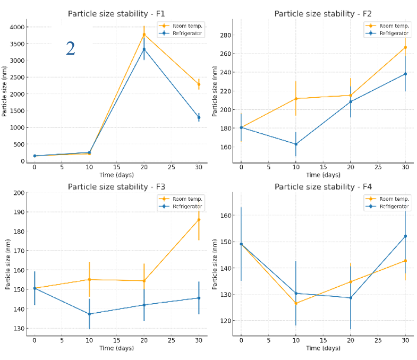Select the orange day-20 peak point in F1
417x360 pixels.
tap(143, 35)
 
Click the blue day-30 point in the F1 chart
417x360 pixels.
tap(199, 117)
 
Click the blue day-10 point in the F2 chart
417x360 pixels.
tap(296, 144)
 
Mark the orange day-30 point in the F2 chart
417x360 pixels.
tap(405, 47)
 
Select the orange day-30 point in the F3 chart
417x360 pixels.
tap(199, 219)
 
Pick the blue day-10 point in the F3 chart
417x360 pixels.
tap(89, 314)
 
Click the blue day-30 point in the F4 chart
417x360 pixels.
tap(405, 236)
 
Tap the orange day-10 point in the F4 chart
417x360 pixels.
tap(296, 303)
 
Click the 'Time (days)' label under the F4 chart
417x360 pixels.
tap(323, 348)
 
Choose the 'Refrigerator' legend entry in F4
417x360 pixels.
tap(394, 207)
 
